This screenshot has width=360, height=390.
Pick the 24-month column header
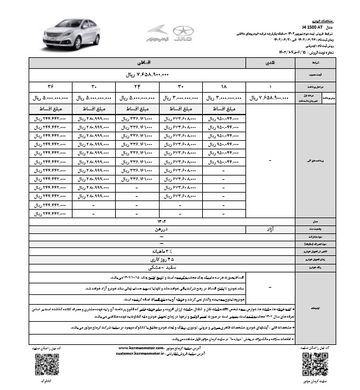137,86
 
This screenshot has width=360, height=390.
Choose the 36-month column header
51,86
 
